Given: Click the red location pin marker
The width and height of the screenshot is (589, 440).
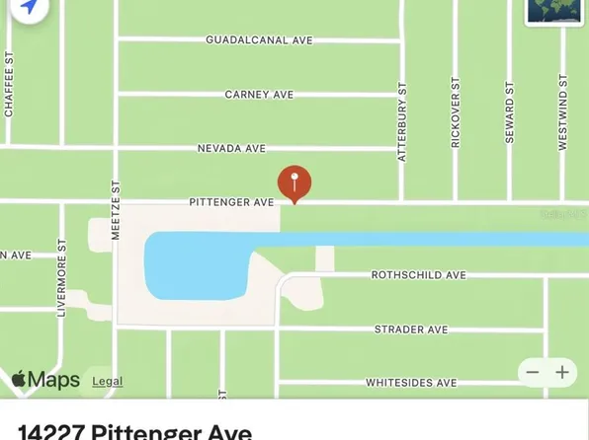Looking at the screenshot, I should pyautogui.click(x=294, y=183).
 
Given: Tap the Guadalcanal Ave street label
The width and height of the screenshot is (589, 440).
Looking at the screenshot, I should pyautogui.click(x=259, y=40).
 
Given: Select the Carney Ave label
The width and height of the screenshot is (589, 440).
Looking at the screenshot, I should pyautogui.click(x=259, y=95).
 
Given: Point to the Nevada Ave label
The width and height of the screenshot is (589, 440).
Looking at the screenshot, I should pyautogui.click(x=231, y=148).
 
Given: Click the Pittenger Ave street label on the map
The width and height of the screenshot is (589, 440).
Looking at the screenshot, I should pyautogui.click(x=231, y=202).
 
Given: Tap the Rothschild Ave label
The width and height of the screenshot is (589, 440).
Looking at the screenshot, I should pyautogui.click(x=418, y=275).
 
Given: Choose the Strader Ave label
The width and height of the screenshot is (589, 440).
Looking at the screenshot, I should pyautogui.click(x=411, y=329).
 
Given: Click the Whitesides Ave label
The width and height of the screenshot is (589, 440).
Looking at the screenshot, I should pyautogui.click(x=411, y=382).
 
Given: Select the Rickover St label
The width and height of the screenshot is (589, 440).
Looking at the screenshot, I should pyautogui.click(x=456, y=114).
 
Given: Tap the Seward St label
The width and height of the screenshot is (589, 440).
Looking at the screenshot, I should pyautogui.click(x=510, y=112).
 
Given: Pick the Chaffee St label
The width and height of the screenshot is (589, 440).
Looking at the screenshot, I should pyautogui.click(x=9, y=87).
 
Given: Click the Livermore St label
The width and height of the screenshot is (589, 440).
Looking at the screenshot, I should pyautogui.click(x=61, y=280).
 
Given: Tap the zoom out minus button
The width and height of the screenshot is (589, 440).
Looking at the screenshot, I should pyautogui.click(x=533, y=372).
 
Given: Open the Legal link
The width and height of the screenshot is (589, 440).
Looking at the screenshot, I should pyautogui.click(x=108, y=381).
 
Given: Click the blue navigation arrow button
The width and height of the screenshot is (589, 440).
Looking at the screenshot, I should pyautogui.click(x=29, y=8).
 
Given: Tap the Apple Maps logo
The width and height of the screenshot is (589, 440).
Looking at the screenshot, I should pyautogui.click(x=45, y=380).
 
